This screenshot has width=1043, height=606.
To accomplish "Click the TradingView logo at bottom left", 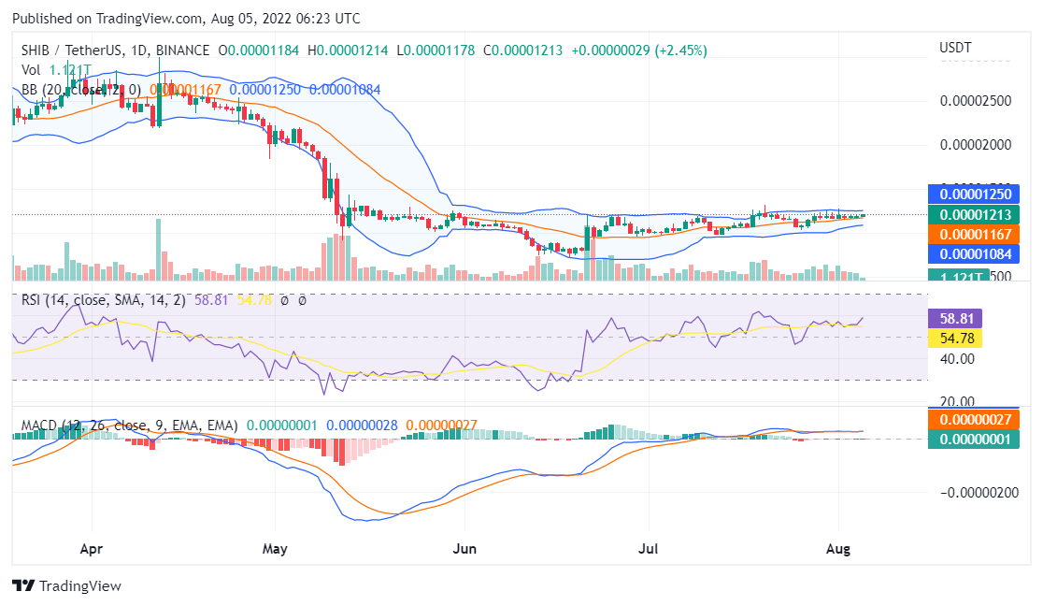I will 66,585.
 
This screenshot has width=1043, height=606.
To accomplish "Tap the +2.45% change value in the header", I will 681,50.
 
